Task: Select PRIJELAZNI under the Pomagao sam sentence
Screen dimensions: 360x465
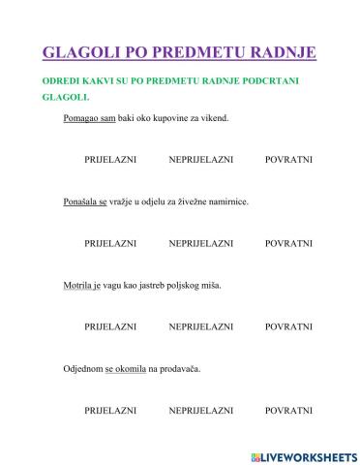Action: (x=109, y=159)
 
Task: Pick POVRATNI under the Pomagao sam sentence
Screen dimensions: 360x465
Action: (x=288, y=159)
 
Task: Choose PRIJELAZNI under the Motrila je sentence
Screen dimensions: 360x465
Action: (x=109, y=326)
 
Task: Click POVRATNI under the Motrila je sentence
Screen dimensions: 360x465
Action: (x=288, y=326)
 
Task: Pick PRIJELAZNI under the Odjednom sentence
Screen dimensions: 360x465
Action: (x=109, y=411)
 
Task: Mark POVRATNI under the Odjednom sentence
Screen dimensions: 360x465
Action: (x=288, y=411)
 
